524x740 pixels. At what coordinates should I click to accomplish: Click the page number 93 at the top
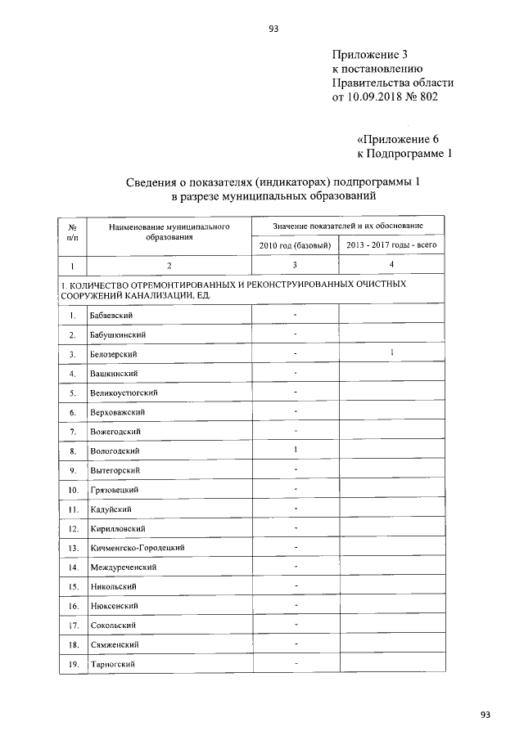(273, 29)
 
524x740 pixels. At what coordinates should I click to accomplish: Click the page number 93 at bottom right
(486, 715)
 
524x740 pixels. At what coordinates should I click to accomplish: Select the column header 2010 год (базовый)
(294, 245)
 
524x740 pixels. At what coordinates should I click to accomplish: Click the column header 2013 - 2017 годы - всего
(392, 245)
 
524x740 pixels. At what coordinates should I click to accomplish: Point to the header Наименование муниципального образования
(169, 231)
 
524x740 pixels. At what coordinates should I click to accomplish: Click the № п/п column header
(72, 231)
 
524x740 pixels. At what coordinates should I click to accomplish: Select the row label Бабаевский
(112, 316)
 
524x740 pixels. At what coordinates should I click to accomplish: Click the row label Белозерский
(114, 355)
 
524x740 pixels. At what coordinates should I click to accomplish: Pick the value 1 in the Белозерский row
(392, 353)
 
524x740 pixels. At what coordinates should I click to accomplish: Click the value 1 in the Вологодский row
(295, 450)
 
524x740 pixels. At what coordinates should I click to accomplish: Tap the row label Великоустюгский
(124, 393)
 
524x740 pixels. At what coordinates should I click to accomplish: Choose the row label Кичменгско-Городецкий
(137, 548)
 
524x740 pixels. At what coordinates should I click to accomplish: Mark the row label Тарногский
(112, 664)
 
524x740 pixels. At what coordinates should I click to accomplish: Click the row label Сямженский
(114, 644)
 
